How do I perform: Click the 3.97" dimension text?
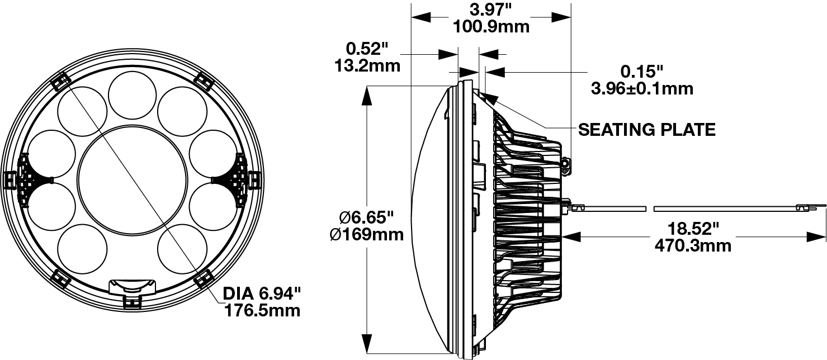click(491, 9)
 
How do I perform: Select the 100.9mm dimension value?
click(491, 26)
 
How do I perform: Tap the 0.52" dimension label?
click(367, 48)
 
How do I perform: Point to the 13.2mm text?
click(367, 65)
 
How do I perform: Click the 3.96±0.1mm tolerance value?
click(641, 88)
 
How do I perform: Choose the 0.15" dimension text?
click(641, 71)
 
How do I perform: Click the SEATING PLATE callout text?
click(646, 130)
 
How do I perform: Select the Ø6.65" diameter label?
click(367, 216)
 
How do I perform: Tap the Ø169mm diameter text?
click(367, 234)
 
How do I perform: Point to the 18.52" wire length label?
click(692, 228)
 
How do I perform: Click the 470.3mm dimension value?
click(692, 245)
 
